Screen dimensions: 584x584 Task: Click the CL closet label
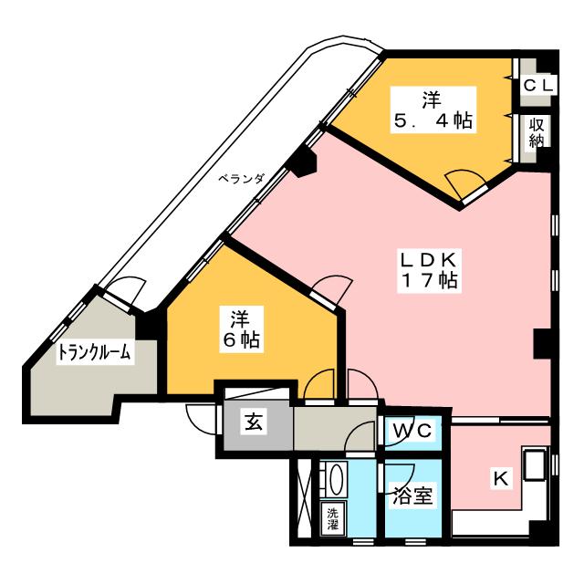536,85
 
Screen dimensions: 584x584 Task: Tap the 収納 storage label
536,134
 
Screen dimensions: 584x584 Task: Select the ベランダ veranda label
241,179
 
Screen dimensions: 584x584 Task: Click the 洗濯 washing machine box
330,517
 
